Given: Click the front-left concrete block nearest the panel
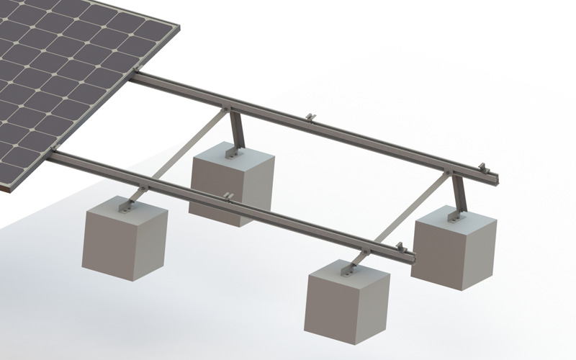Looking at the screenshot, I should click(x=126, y=241).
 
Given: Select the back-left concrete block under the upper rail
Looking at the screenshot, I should click(x=232, y=184).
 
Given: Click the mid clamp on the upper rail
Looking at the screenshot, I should click(x=310, y=117).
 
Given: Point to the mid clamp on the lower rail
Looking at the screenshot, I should click(x=228, y=196).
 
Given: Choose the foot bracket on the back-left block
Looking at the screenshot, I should click(x=232, y=153).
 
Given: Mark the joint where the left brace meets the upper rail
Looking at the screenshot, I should click(x=230, y=109).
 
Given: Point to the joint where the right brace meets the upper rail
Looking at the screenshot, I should click(x=451, y=172).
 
